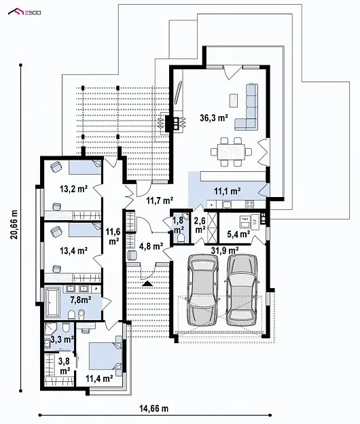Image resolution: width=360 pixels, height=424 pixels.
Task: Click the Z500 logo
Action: [x=24, y=12]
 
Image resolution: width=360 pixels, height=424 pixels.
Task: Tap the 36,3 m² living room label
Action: [x=213, y=118]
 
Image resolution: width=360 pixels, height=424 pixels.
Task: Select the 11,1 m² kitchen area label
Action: [x=228, y=191]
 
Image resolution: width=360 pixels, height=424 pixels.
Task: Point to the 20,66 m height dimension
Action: [x=14, y=224]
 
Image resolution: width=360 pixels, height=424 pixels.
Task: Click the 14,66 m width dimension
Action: [x=154, y=408]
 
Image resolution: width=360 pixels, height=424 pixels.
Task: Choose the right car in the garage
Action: [x=242, y=289]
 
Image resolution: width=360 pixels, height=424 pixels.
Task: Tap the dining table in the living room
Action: [x=232, y=152]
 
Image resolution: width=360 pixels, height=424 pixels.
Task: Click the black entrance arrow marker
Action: [x=147, y=283]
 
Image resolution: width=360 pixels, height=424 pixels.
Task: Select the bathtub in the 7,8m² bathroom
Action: [x=54, y=302]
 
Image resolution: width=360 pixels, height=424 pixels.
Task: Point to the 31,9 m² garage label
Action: [x=225, y=251]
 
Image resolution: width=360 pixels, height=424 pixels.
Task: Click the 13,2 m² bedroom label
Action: [x=73, y=189]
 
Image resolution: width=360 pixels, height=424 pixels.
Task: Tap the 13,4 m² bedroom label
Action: [x=73, y=251]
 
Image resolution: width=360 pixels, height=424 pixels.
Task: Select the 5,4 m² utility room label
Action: [x=238, y=234]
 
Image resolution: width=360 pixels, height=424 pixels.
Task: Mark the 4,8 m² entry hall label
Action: [x=151, y=246]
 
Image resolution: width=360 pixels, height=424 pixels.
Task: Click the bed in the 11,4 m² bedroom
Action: [x=105, y=355]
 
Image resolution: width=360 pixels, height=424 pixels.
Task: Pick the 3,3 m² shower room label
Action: [x=62, y=339]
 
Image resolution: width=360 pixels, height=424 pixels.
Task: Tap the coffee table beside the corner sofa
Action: [x=234, y=100]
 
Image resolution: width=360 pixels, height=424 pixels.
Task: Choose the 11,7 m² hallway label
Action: [x=160, y=200]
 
